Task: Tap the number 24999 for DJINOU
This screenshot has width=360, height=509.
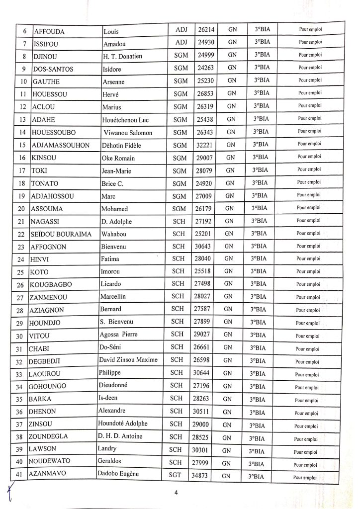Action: pos(201,55)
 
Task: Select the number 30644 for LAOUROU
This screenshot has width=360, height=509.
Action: pos(201,373)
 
